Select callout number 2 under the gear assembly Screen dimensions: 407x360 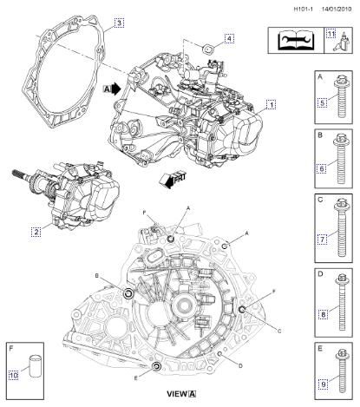click(36, 232)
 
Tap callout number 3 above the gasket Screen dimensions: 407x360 click(119, 22)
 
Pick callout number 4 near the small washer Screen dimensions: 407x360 click(229, 38)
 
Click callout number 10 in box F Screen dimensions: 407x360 click(14, 375)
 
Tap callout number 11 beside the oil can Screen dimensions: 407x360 click(331, 33)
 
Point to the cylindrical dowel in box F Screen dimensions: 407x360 click(36, 362)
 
